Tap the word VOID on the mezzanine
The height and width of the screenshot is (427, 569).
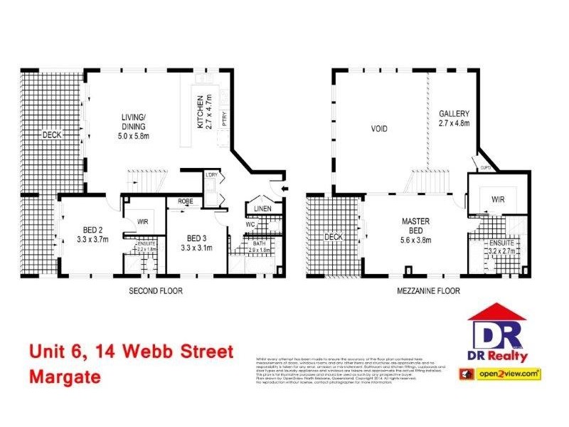point(379,130)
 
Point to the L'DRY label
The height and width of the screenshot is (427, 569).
point(211,175)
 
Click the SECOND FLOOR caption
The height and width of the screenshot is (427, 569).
point(156,290)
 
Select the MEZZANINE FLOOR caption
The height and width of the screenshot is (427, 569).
point(428,290)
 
